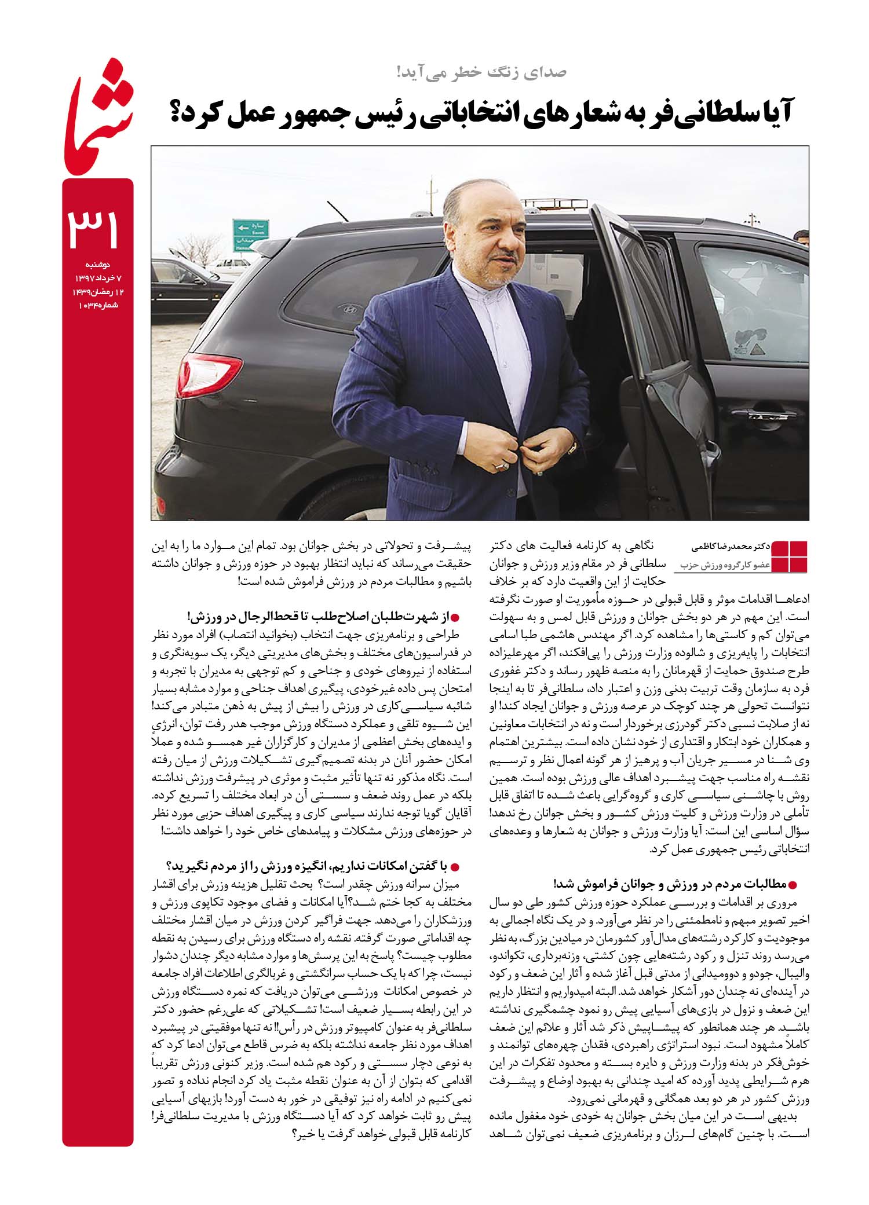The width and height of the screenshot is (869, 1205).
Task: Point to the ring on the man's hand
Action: point(502,465)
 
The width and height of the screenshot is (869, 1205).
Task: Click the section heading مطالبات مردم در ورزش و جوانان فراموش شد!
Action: point(673,885)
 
